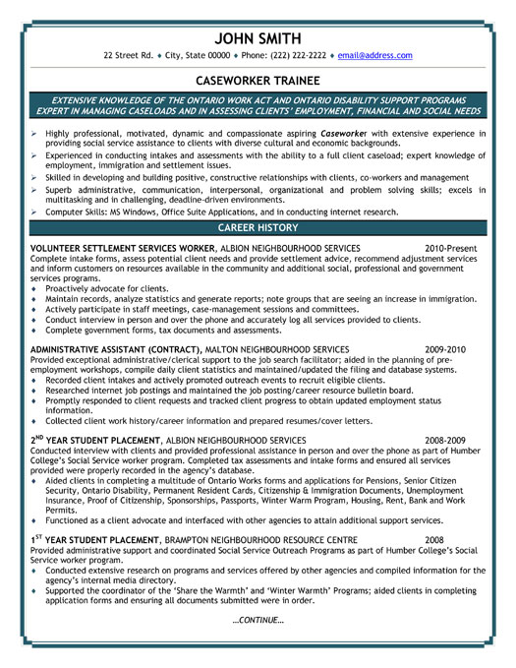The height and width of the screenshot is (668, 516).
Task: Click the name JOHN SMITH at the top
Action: click(258, 37)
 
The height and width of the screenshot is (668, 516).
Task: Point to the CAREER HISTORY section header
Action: click(258, 226)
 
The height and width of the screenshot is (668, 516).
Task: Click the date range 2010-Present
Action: click(451, 247)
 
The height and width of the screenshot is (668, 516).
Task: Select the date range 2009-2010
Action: click(446, 348)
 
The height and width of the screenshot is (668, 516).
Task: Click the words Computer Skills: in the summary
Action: click(74, 212)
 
